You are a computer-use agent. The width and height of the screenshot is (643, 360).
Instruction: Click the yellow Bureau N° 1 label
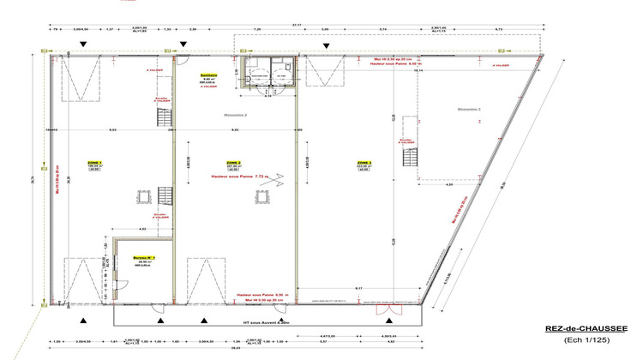tap(142, 257)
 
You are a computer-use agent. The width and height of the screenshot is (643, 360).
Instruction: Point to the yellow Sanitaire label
tap(206, 75)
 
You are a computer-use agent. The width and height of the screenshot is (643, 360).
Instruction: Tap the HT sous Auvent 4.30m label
tap(267, 323)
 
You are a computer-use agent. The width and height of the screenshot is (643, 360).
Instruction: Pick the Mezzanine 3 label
tap(469, 109)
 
